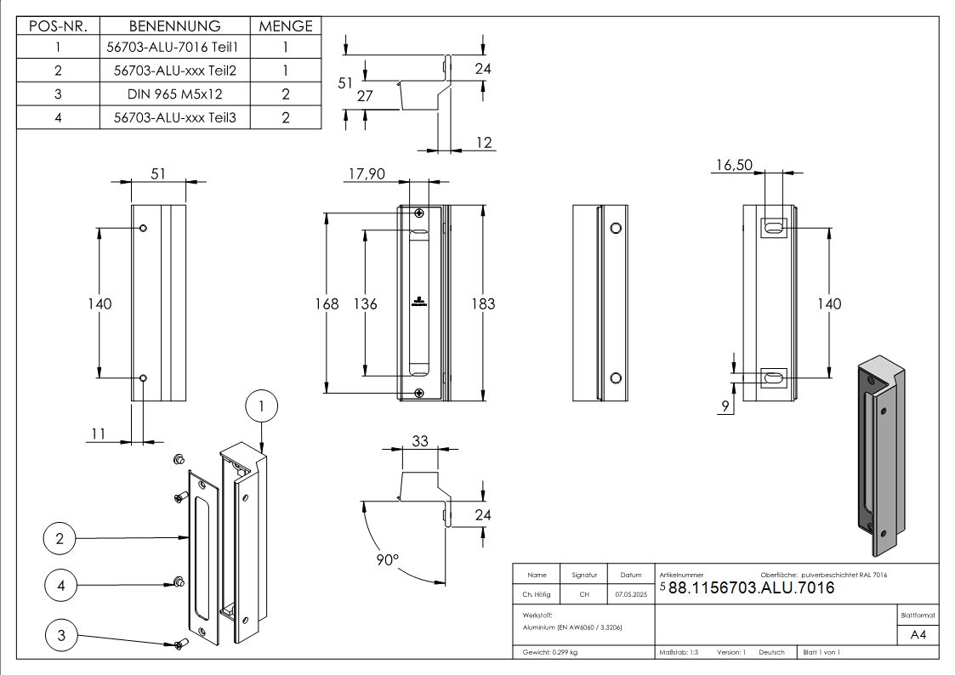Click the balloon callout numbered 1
click(x=261, y=407)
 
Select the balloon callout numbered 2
click(x=59, y=538)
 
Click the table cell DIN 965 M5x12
click(x=174, y=94)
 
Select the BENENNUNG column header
click(x=174, y=26)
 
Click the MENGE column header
click(x=286, y=26)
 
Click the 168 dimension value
click(x=327, y=303)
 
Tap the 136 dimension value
click(x=365, y=303)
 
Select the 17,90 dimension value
click(x=367, y=173)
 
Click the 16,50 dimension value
click(x=732, y=165)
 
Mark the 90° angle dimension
click(x=387, y=560)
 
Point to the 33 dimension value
click(x=420, y=441)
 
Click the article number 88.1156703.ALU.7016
click(x=751, y=587)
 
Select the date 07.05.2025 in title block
click(x=631, y=594)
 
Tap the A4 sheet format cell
click(x=918, y=635)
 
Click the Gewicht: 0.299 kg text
click(x=550, y=652)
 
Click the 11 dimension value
click(x=99, y=434)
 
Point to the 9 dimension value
click(x=725, y=407)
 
